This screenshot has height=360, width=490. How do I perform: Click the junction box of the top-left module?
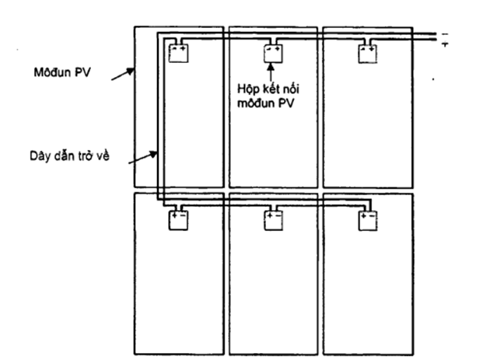click(x=179, y=53)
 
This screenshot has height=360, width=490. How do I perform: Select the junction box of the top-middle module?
click(x=272, y=53)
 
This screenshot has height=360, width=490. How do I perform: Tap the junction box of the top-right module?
click(x=366, y=53)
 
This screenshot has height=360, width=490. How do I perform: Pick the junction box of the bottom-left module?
click(x=179, y=220)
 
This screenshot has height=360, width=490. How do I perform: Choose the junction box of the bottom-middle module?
click(x=272, y=220)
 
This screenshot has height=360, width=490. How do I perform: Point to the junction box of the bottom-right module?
click(x=366, y=220)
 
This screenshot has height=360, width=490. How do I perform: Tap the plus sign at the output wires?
click(x=445, y=44)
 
